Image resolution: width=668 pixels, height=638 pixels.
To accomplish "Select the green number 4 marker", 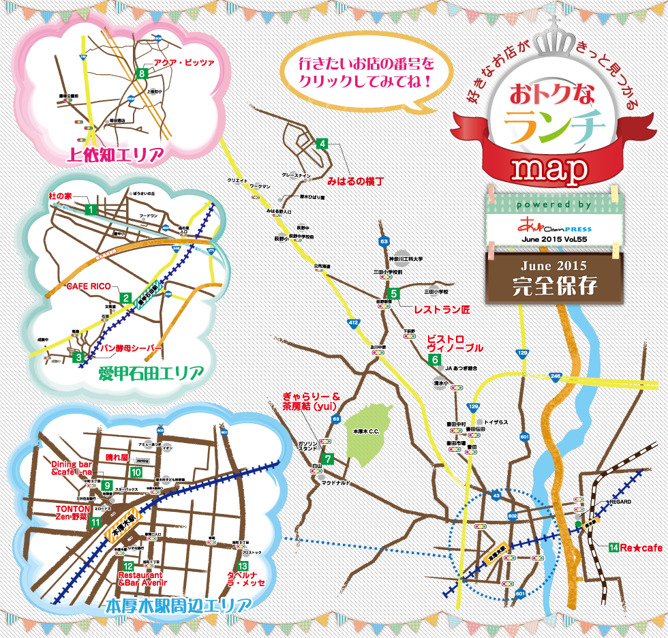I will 322,144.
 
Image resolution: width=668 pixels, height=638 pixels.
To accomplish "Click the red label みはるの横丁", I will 355,182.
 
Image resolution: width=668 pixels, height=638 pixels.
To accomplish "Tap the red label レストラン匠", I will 442,309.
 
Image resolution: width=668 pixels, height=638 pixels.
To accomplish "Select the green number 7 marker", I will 328,459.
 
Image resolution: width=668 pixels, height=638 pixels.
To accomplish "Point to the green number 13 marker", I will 241,566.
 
